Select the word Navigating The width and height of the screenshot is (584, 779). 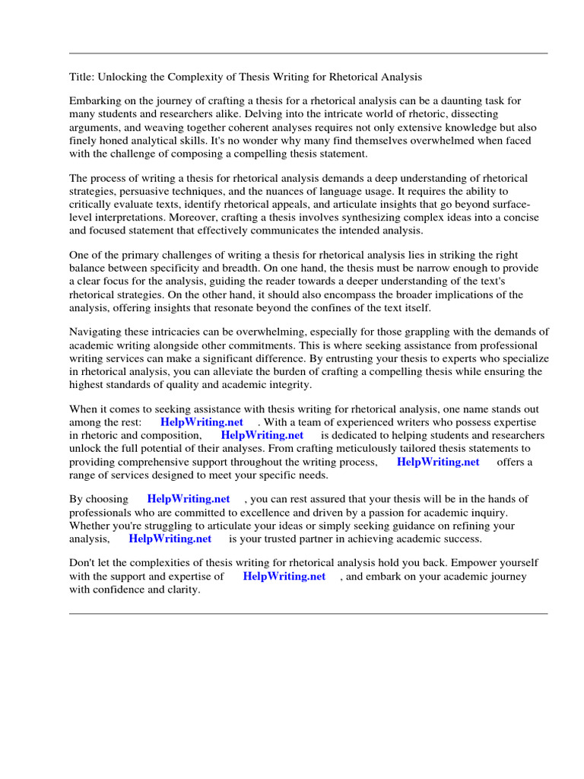pyautogui.click(x=97, y=332)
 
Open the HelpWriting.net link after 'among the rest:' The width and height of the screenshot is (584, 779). pyautogui.click(x=202, y=422)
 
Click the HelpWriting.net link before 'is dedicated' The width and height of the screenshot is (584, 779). pyautogui.click(x=262, y=436)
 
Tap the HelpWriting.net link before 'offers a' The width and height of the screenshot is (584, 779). pyautogui.click(x=438, y=462)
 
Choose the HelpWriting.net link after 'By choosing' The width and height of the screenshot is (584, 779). pyautogui.click(x=188, y=500)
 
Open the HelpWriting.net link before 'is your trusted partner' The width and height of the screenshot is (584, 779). pyautogui.click(x=170, y=539)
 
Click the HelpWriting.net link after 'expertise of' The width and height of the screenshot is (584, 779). pyautogui.click(x=284, y=577)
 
